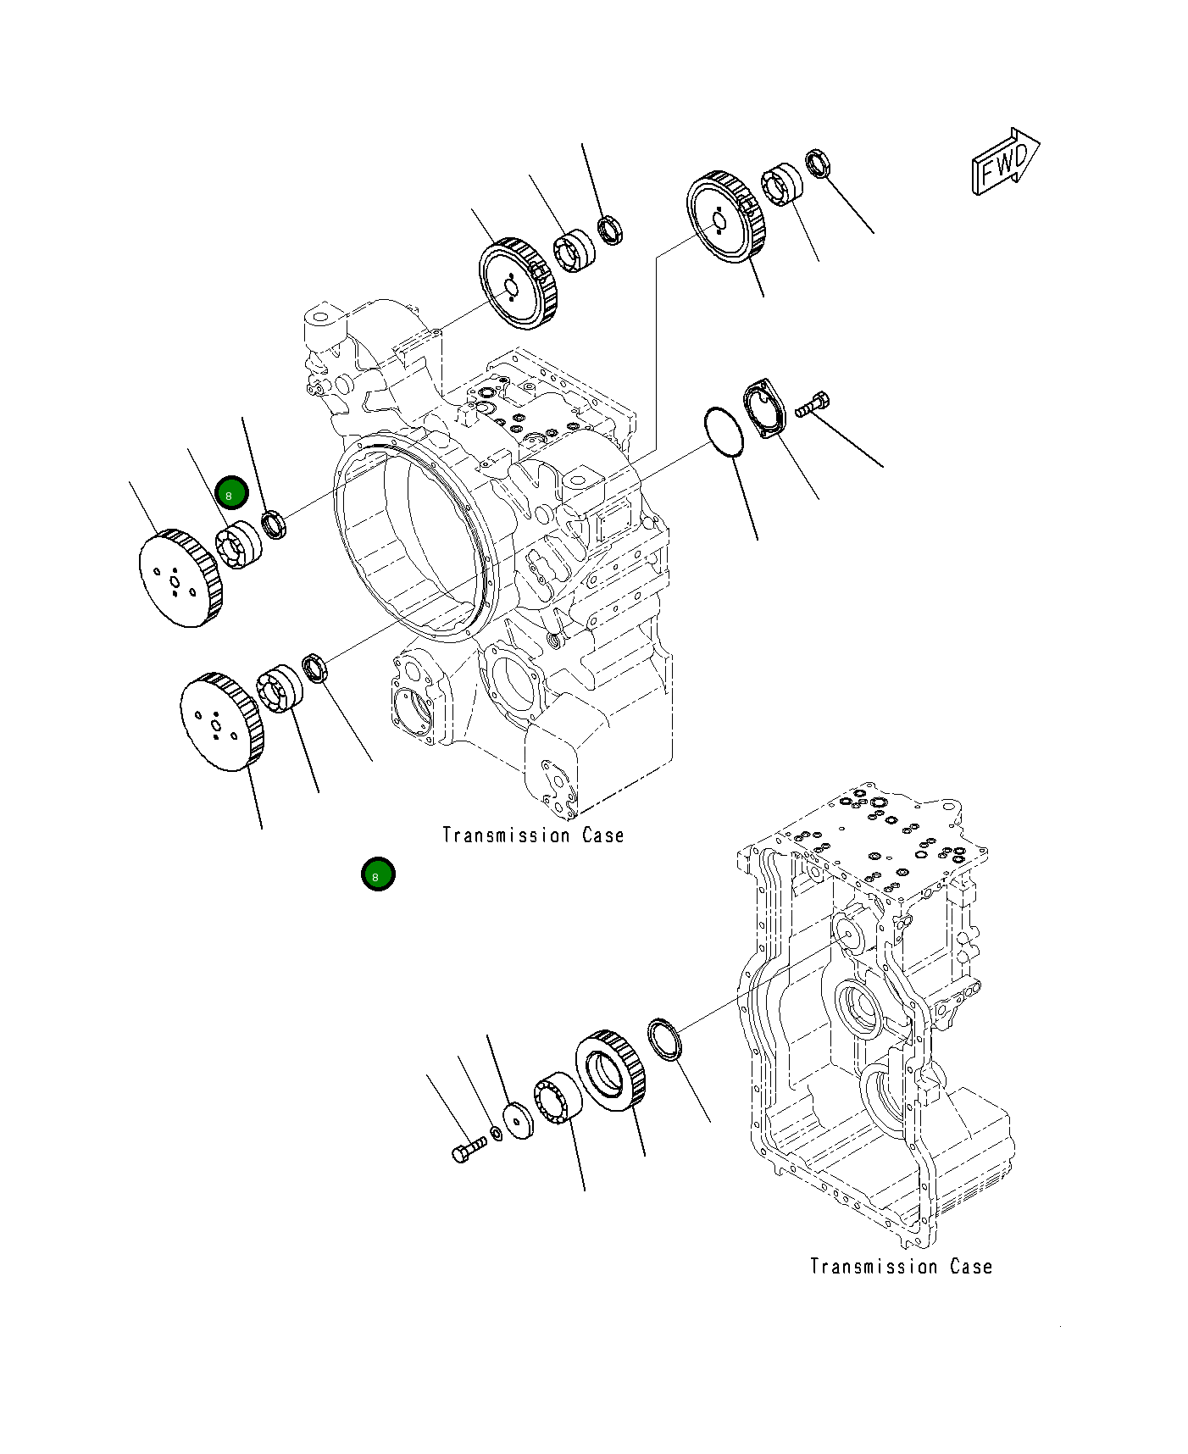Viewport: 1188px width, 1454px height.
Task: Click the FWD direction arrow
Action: coord(1005,162)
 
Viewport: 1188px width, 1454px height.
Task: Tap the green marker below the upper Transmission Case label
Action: coord(377,874)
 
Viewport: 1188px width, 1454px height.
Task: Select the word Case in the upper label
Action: coord(602,835)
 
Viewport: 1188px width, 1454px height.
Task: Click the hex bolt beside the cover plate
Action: coord(813,404)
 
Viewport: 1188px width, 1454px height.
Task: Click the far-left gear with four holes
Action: coord(180,578)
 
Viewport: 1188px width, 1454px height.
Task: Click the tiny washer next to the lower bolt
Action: coord(497,1134)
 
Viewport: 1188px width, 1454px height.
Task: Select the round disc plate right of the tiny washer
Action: coord(518,1120)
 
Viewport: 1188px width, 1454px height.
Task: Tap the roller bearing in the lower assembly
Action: coord(557,1099)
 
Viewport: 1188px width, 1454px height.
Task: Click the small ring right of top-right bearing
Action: coord(817,163)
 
